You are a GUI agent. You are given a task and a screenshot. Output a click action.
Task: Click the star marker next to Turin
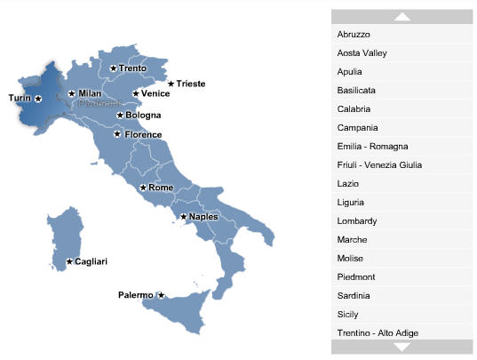(x=37, y=99)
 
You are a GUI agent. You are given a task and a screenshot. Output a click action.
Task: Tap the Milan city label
(x=90, y=93)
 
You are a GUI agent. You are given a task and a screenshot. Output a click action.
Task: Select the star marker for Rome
(x=142, y=188)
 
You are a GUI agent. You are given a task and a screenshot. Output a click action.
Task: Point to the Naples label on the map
(x=203, y=217)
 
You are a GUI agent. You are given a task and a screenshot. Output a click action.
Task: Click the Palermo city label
(x=136, y=295)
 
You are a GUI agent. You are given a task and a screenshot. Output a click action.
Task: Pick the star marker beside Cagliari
(x=69, y=261)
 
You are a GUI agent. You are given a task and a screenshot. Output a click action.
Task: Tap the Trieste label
(x=191, y=84)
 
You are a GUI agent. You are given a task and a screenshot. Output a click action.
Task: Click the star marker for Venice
(x=135, y=93)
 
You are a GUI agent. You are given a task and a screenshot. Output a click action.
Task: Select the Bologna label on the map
(x=143, y=116)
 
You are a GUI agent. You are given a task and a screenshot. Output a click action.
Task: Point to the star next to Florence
(x=117, y=134)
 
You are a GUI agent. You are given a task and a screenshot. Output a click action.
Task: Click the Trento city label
(x=132, y=68)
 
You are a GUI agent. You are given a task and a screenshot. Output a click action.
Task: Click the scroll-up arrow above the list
(x=401, y=16)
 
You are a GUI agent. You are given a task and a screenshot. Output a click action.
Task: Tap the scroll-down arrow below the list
(x=401, y=348)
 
